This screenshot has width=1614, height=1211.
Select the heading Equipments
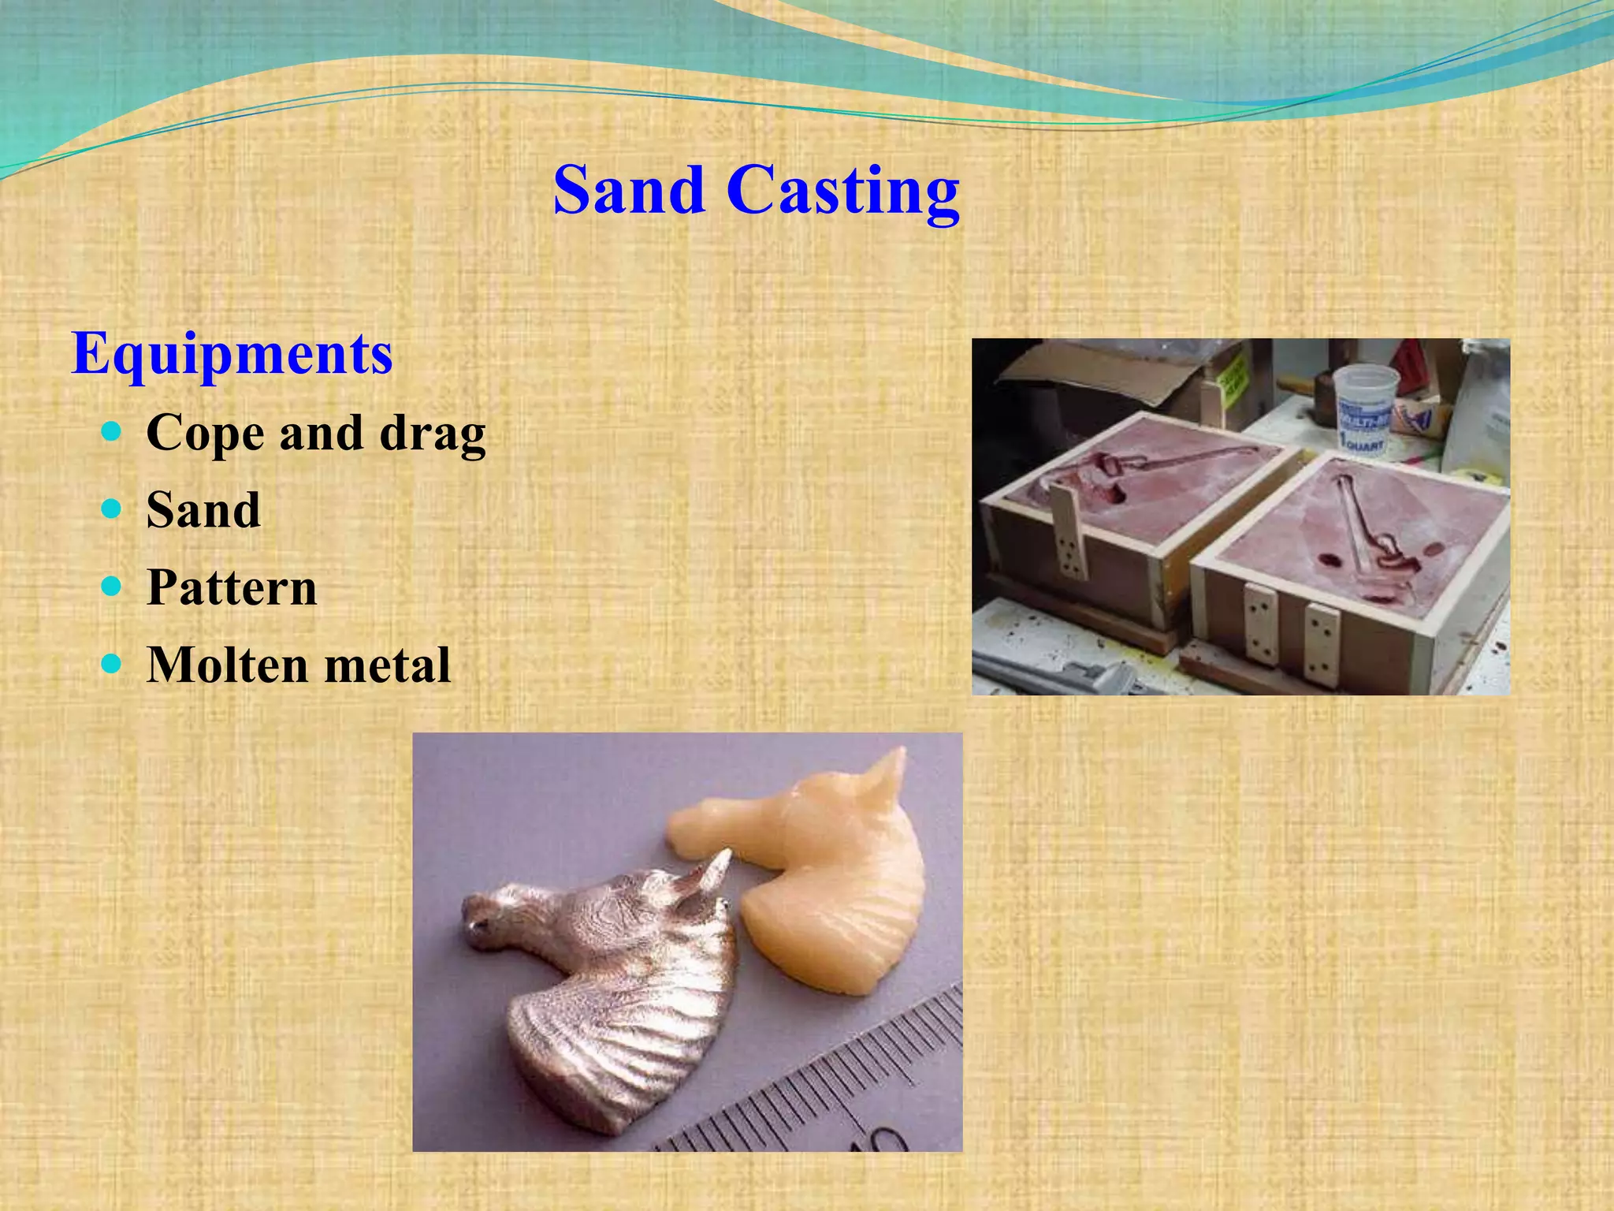[232, 354]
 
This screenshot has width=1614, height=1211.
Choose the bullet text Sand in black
[203, 510]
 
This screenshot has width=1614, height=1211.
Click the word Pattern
[232, 587]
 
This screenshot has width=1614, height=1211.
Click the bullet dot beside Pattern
[112, 586]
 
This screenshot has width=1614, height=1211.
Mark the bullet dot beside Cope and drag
[112, 431]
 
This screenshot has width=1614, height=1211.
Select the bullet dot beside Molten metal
[112, 663]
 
